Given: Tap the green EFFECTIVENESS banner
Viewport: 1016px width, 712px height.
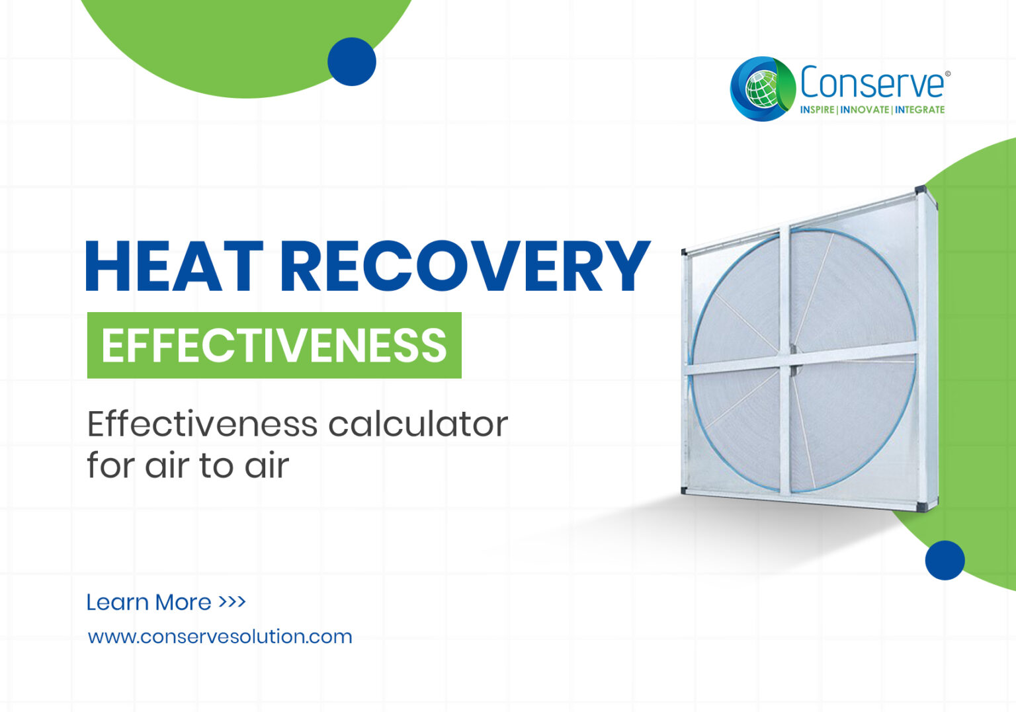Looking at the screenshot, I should click(x=274, y=345).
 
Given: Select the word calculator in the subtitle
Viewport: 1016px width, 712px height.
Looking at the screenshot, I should click(x=417, y=424).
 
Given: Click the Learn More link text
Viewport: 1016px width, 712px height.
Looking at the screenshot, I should click(x=149, y=602).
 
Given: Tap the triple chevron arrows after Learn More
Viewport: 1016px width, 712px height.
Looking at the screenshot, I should click(x=232, y=602).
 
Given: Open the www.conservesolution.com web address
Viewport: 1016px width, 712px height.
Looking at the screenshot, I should click(x=220, y=637).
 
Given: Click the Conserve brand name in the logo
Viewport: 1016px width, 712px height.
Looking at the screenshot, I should click(x=872, y=83).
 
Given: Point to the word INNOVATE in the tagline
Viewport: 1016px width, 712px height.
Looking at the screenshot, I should click(x=865, y=110).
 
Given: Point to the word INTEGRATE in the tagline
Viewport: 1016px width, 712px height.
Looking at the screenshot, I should click(x=920, y=110).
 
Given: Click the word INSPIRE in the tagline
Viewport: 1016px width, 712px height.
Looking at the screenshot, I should click(x=817, y=110).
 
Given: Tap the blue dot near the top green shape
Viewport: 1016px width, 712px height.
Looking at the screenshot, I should click(x=352, y=61).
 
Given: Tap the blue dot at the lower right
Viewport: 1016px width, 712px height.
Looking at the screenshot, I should click(x=945, y=560).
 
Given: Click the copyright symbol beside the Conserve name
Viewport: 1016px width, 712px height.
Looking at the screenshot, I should click(x=948, y=74).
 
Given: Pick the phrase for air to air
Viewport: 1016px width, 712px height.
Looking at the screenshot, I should click(x=188, y=465).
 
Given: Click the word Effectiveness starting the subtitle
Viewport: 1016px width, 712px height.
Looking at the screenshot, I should click(x=202, y=424).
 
